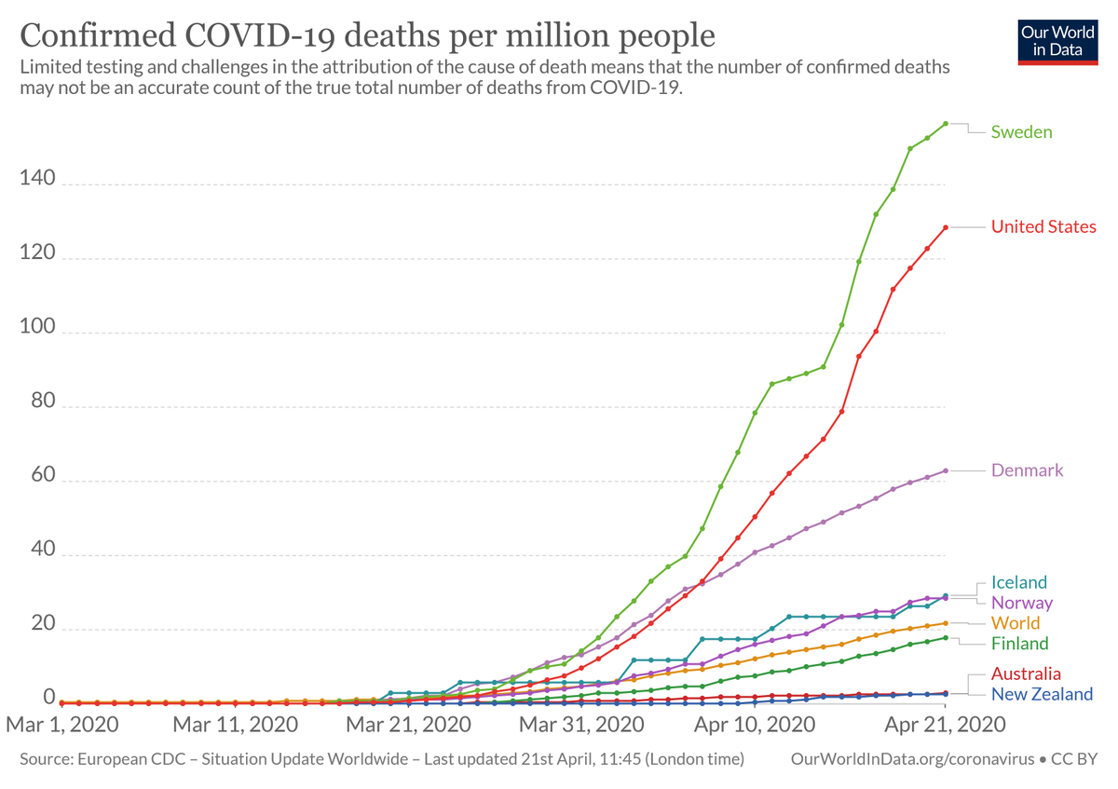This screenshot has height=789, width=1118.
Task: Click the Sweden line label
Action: tap(1021, 132)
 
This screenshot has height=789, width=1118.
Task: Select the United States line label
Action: tap(1043, 227)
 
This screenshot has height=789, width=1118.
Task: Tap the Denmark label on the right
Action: tap(1027, 470)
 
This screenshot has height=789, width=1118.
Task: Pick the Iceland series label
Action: tap(1019, 582)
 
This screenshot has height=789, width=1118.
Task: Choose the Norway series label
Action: tap(1021, 603)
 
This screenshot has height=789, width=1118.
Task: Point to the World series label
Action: tap(1016, 623)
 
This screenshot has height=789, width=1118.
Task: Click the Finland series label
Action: tap(1019, 644)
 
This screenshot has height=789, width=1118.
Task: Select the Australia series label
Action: tap(1026, 673)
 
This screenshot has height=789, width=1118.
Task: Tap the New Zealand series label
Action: tap(1042, 694)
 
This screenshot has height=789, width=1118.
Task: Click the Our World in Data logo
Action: tap(1057, 40)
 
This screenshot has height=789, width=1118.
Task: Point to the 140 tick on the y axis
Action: tap(36, 178)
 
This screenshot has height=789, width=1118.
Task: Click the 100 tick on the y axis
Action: tap(36, 333)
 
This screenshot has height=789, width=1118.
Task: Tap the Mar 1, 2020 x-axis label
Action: tap(62, 724)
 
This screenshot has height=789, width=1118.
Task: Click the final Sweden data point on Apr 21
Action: tap(945, 123)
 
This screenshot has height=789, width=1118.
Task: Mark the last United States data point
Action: tap(945, 227)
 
